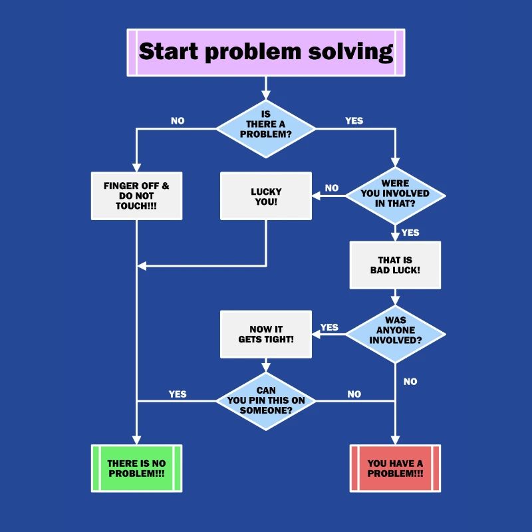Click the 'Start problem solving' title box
tap(265, 52)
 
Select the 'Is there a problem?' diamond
tap(265, 124)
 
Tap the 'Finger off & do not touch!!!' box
tap(136, 196)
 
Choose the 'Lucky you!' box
tap(265, 196)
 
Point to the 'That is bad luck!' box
tap(395, 265)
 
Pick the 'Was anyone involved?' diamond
tap(395, 330)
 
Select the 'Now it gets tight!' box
tap(265, 334)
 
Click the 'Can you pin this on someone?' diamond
tap(265, 400)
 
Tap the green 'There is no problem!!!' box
tap(136, 468)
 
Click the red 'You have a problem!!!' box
tap(395, 468)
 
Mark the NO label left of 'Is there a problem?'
tap(178, 121)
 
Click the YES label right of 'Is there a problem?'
tap(354, 121)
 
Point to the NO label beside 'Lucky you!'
tap(331, 188)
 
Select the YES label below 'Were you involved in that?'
tap(410, 233)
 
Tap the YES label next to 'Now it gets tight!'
tap(329, 327)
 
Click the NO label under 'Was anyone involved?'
tap(410, 382)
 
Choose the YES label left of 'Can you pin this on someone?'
tap(178, 394)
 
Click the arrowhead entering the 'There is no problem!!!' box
tap(136, 440)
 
